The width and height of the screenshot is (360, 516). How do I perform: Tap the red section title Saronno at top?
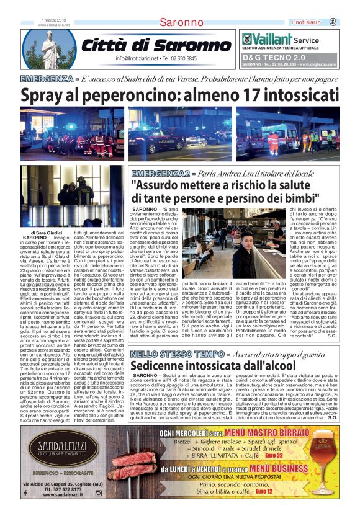(181, 23)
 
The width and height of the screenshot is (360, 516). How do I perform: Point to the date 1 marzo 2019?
(53, 20)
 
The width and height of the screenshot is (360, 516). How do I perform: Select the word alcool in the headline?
(258, 367)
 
